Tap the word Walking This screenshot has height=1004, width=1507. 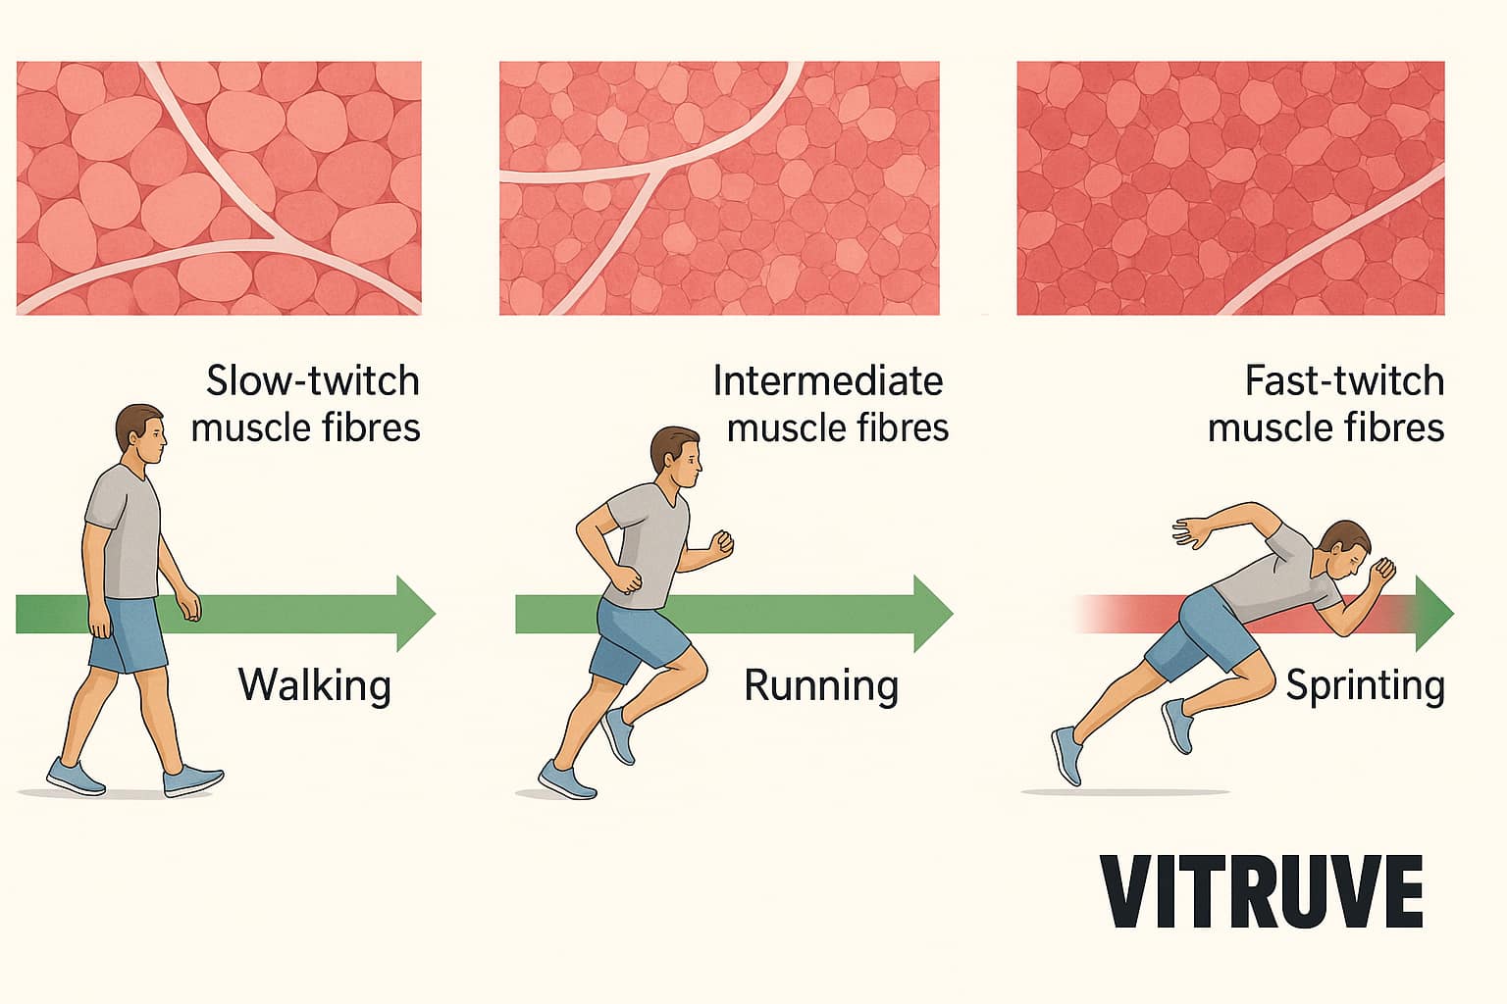(x=314, y=684)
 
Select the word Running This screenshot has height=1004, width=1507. (x=821, y=684)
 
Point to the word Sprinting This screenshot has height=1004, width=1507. (x=1365, y=684)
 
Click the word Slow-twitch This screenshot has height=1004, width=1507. (x=312, y=380)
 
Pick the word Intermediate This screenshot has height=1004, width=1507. (x=827, y=380)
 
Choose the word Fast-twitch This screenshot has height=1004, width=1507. (x=1344, y=380)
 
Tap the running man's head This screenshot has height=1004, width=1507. (x=676, y=458)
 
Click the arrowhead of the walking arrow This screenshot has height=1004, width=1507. (x=415, y=614)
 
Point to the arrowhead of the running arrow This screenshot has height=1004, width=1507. (x=932, y=614)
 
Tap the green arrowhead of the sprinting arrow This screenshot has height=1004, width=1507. (x=1434, y=614)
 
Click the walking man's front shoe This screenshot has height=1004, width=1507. (x=193, y=780)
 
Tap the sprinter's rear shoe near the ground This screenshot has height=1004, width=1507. (x=1066, y=756)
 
